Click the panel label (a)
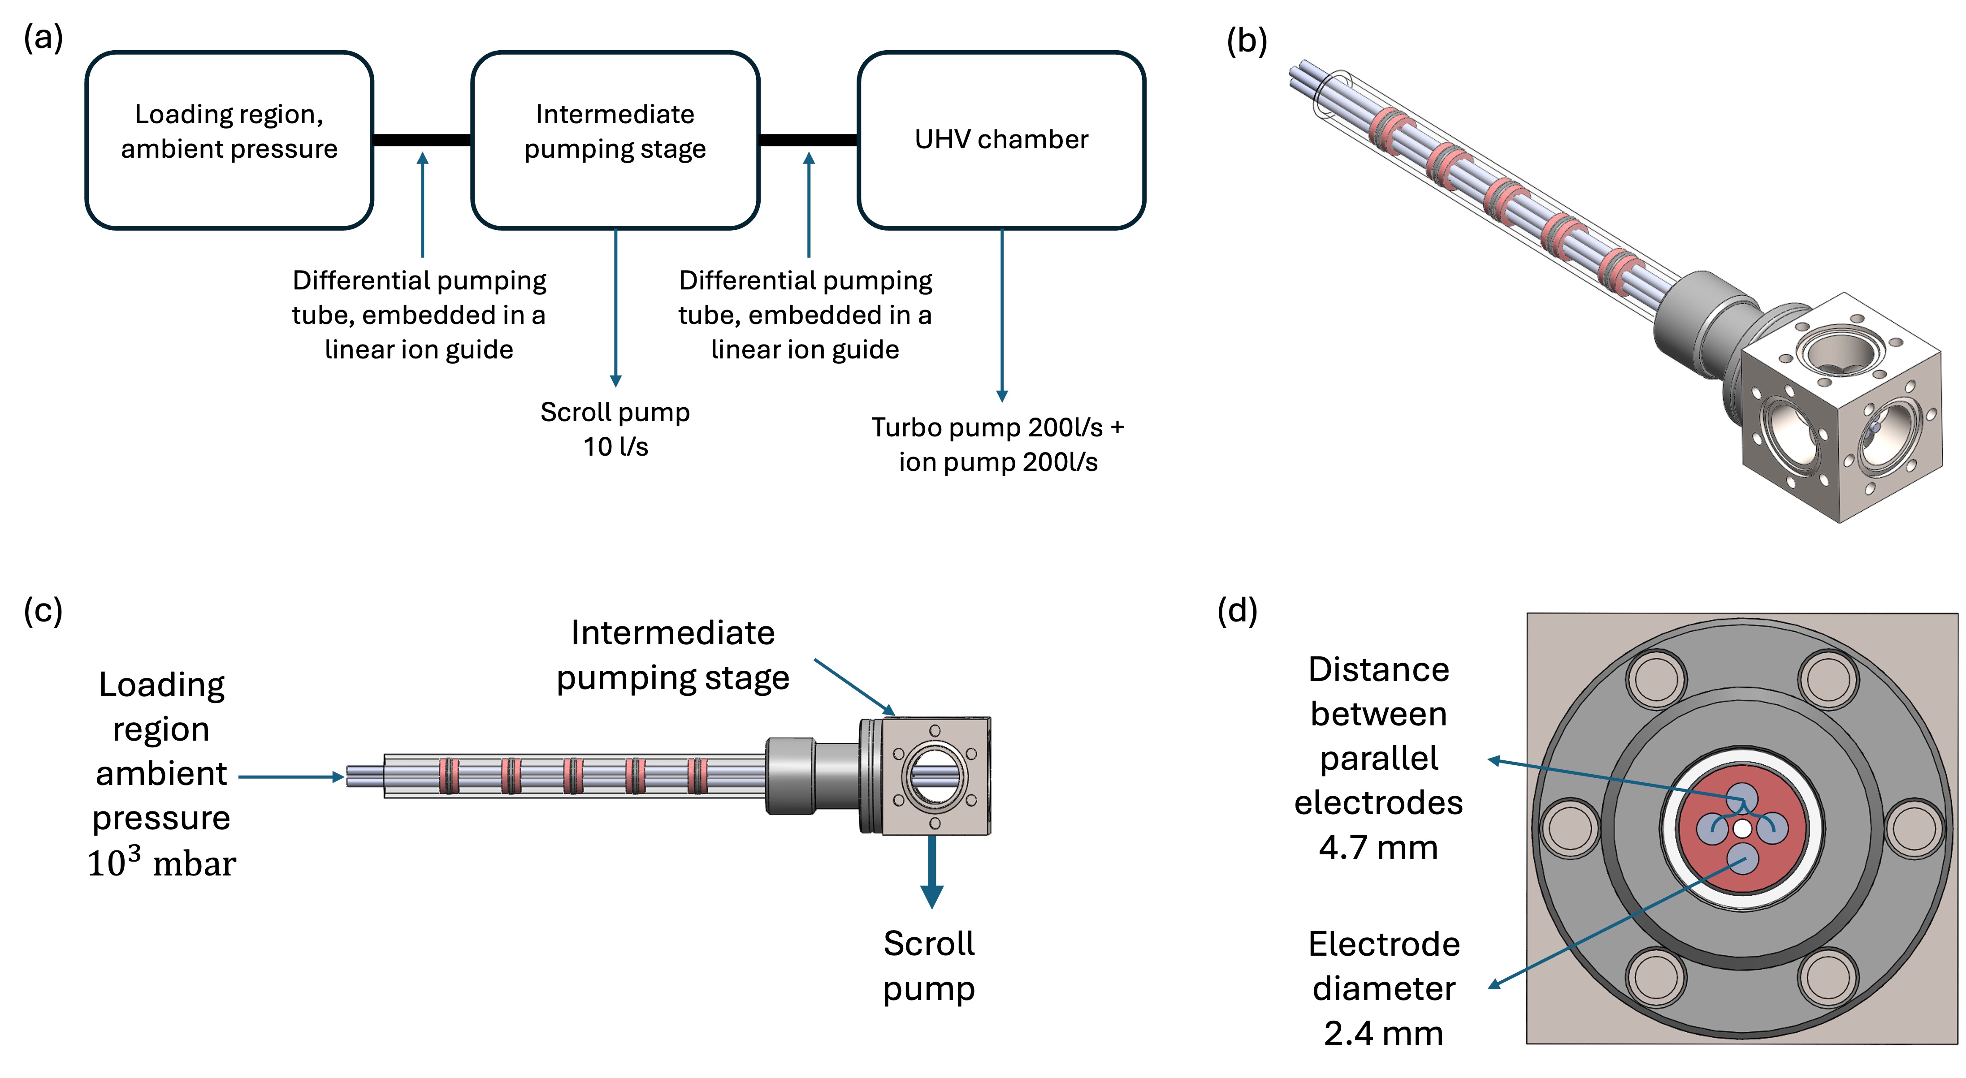pos(43,37)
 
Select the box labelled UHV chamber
pos(1001,140)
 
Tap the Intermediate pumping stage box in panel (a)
pos(615,140)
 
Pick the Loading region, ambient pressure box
pos(229,140)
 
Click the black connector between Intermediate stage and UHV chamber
pos(808,140)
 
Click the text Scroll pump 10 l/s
pos(615,429)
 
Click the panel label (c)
pos(43,610)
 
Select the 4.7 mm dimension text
pos(1378,847)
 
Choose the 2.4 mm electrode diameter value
pos(1383,1033)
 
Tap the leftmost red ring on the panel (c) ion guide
pos(449,776)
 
